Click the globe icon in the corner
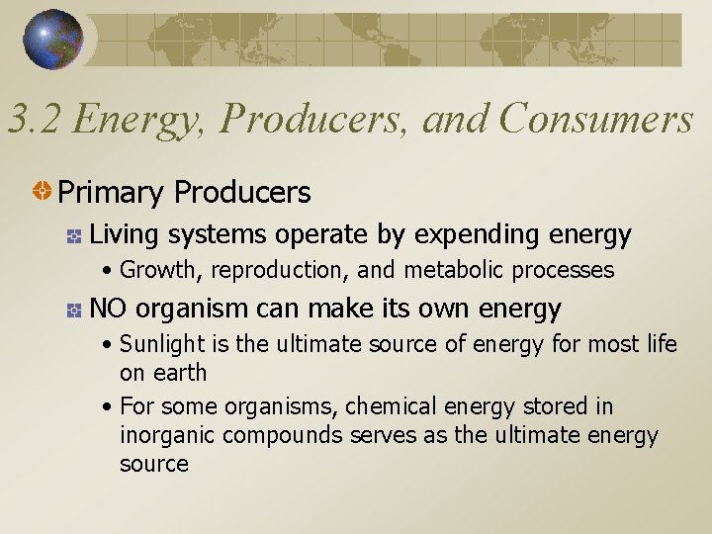tap(52, 40)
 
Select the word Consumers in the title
tap(596, 121)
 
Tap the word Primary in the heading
tap(110, 192)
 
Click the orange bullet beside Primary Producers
tap(44, 192)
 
